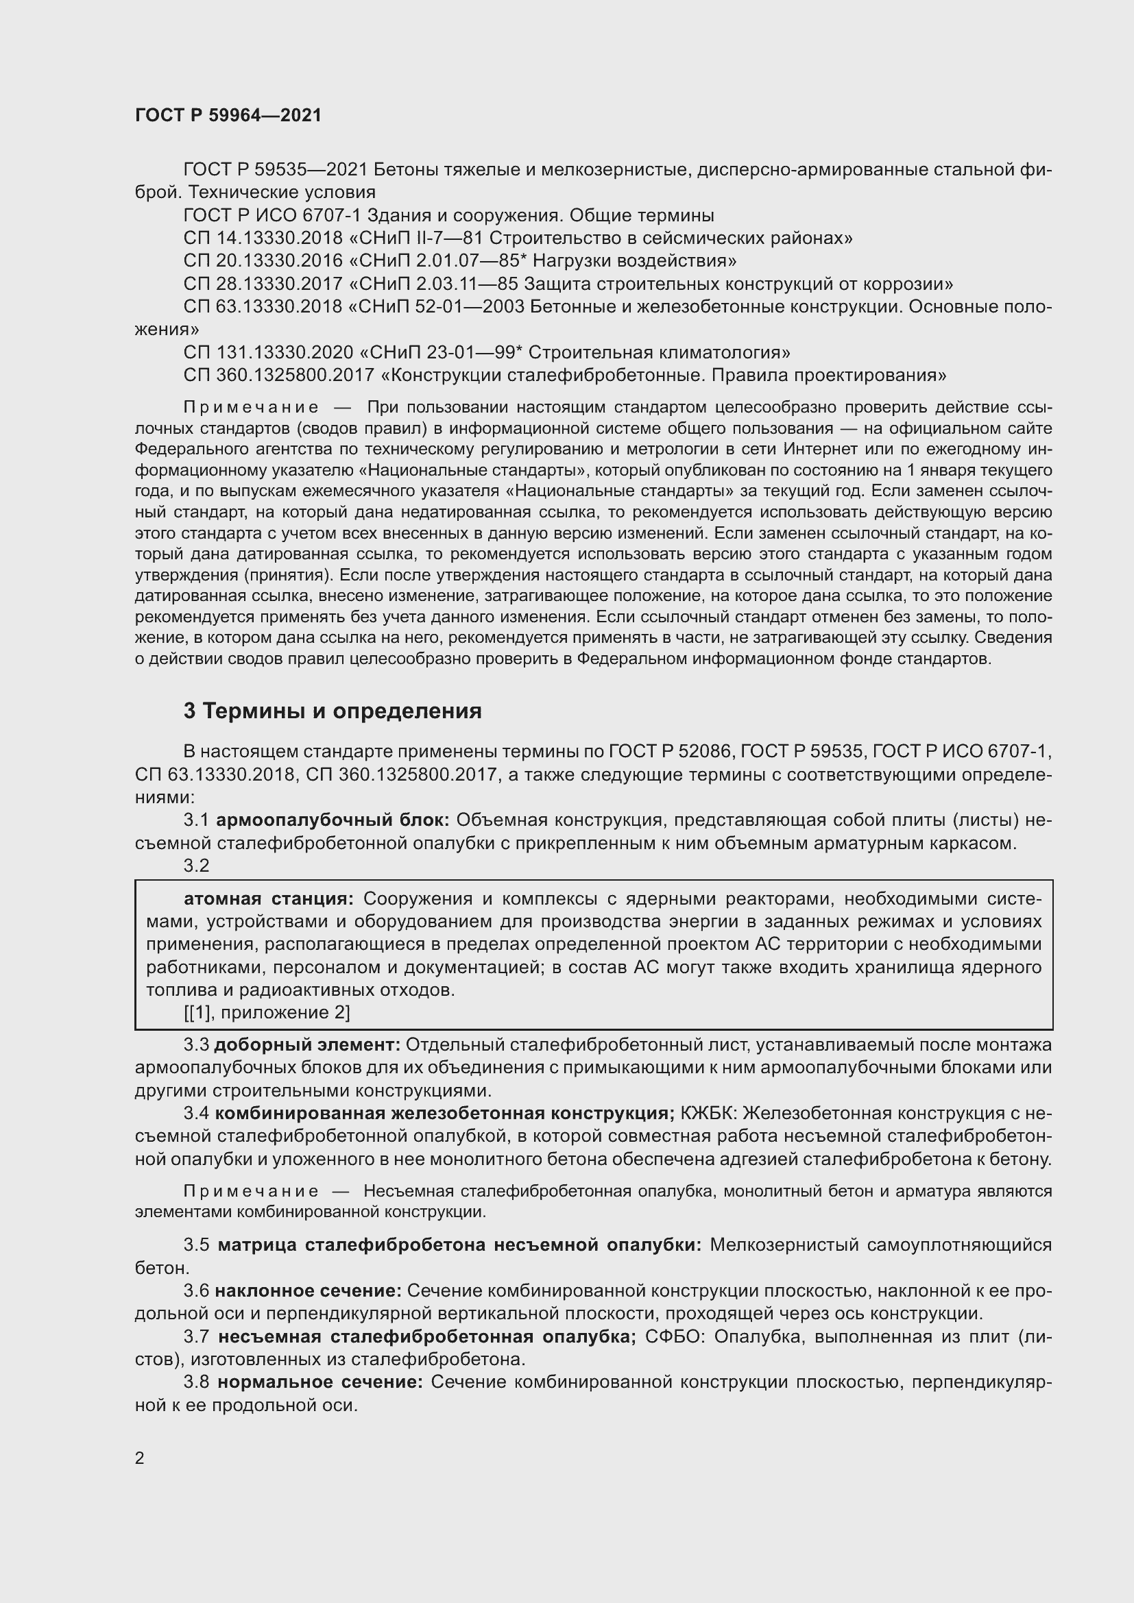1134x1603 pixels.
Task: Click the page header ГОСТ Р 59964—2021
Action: coord(228,116)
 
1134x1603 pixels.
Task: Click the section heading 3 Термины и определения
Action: coord(333,711)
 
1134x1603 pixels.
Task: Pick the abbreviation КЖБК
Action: coord(704,1113)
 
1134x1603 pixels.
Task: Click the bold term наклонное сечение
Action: coord(308,1292)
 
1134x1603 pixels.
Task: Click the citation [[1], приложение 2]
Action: coord(266,1012)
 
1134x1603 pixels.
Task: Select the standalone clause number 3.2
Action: coord(196,866)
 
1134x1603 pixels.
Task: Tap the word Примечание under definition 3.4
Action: coord(251,1191)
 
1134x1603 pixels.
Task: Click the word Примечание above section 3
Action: coord(251,407)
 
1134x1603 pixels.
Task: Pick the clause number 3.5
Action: coord(196,1245)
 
